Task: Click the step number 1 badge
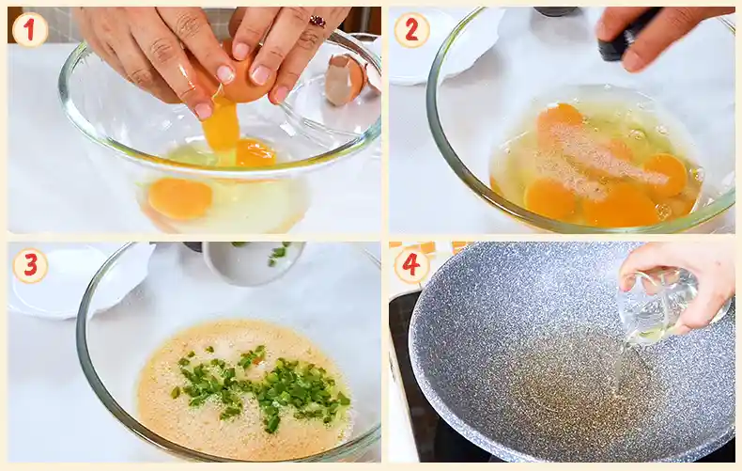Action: [29, 30]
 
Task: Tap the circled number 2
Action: [411, 30]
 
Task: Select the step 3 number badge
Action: [29, 266]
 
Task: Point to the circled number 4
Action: [411, 266]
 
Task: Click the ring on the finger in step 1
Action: [317, 22]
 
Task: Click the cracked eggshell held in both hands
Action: [246, 80]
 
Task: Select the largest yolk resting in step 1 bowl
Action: [179, 197]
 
